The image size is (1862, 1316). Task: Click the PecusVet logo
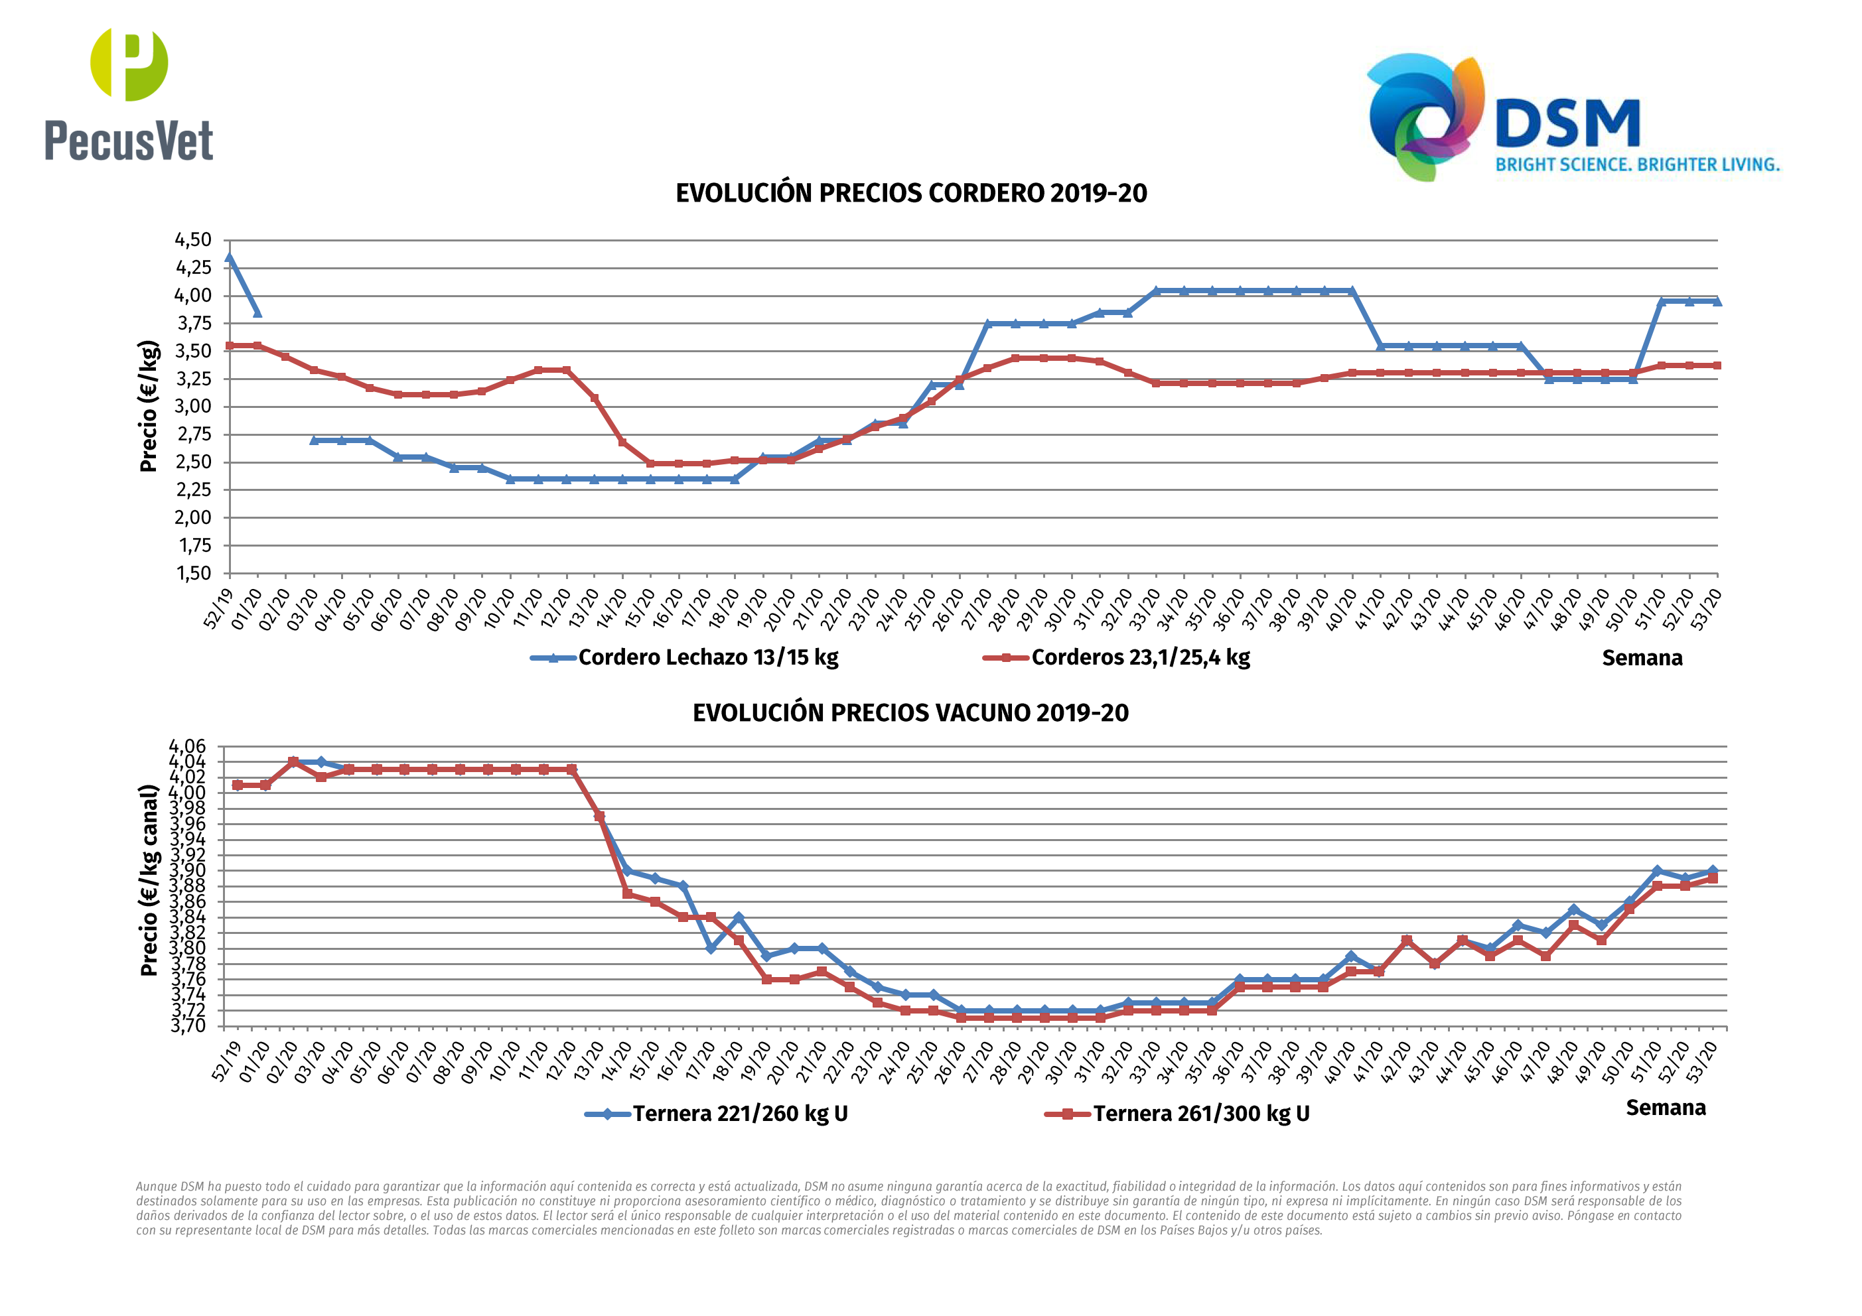(x=129, y=94)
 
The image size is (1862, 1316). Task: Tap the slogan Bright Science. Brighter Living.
(x=1636, y=164)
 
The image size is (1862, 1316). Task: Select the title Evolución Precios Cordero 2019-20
(x=910, y=193)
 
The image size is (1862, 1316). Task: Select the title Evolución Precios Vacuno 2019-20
(x=910, y=713)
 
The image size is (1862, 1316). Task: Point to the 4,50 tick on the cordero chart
(x=193, y=240)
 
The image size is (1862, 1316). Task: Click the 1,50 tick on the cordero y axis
(x=193, y=573)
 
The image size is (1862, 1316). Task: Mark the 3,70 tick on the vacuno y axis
(x=187, y=1025)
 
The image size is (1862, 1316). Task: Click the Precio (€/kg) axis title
(x=149, y=405)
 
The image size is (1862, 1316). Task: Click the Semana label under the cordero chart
(x=1642, y=659)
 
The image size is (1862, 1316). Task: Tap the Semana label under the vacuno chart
(x=1665, y=1108)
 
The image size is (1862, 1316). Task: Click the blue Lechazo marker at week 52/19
(x=230, y=259)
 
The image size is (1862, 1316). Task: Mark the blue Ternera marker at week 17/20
(x=711, y=948)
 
